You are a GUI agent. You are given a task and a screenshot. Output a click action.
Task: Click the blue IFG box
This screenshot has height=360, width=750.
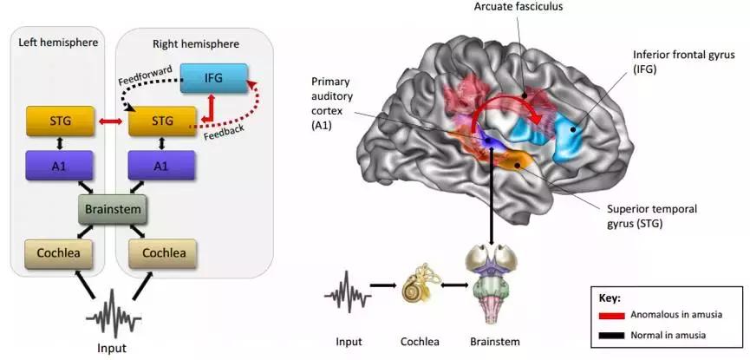213,79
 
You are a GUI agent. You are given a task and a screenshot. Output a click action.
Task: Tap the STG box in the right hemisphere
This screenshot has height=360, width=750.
162,121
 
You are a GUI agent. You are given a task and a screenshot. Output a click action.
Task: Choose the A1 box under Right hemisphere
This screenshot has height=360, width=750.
162,165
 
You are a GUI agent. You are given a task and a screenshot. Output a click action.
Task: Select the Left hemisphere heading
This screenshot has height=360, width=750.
54,43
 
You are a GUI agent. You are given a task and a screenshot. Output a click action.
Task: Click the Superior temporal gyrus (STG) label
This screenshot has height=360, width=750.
638,217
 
